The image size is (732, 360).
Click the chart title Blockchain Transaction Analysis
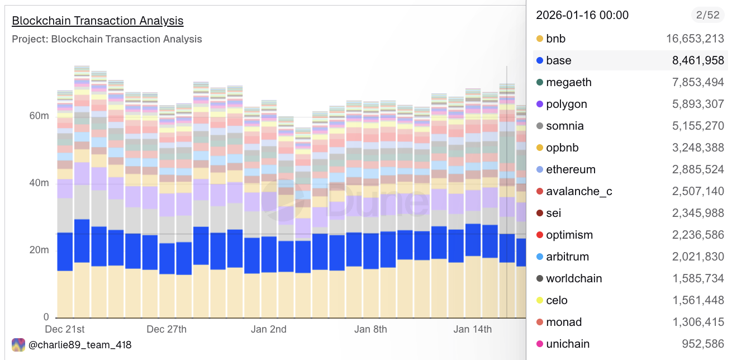point(97,21)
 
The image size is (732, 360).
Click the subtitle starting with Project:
point(107,39)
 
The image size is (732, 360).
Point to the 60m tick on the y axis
point(39,116)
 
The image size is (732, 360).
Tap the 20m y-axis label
point(39,250)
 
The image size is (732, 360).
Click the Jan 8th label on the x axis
point(370,329)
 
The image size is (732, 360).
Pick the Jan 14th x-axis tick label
point(472,329)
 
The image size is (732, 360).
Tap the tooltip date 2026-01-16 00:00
point(582,15)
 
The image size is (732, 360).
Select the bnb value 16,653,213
point(695,39)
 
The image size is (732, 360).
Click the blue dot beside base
point(540,60)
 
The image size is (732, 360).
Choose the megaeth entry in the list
point(568,82)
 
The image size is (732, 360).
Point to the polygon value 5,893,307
point(698,104)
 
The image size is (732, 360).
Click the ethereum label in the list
point(571,169)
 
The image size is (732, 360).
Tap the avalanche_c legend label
point(579,191)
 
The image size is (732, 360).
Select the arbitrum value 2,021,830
point(698,257)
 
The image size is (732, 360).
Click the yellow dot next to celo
point(540,300)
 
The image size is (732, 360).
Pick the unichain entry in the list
point(568,344)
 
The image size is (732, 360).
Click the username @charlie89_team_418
point(80,345)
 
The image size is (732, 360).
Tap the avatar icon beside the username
point(18,345)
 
